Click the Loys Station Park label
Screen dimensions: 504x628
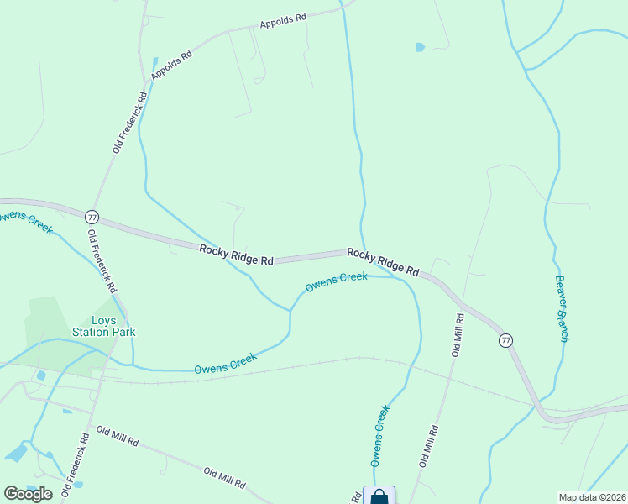[113, 325]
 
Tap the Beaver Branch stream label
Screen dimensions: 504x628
[562, 308]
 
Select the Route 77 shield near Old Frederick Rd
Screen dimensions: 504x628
[92, 216]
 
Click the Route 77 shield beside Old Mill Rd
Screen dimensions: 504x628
[505, 340]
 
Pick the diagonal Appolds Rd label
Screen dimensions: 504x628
[172, 66]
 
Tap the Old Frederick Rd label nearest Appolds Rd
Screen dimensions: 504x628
[130, 122]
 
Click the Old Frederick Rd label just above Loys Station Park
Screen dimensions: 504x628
[102, 261]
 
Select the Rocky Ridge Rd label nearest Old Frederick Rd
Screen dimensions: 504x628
[237, 255]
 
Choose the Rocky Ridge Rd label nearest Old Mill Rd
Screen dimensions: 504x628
[383, 262]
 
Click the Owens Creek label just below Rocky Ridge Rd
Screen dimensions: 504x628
[336, 282]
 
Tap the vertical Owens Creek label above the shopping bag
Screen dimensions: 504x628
[380, 435]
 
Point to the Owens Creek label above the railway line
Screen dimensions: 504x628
[225, 363]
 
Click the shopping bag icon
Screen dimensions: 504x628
[379, 496]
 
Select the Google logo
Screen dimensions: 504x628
[28, 493]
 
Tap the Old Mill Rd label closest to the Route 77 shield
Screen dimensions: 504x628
[458, 335]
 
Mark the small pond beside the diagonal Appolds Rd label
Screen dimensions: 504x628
[154, 62]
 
